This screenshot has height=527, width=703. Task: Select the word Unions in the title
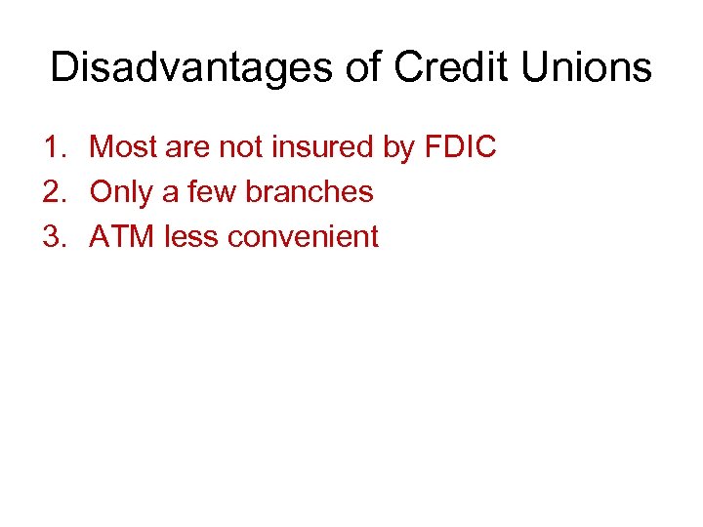click(x=586, y=68)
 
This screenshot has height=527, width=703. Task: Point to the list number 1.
click(x=53, y=148)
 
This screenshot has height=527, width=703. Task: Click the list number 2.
click(x=53, y=192)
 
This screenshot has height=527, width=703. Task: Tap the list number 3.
click(x=53, y=236)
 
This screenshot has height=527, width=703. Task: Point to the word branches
click(x=310, y=192)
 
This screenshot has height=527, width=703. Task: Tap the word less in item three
click(x=191, y=236)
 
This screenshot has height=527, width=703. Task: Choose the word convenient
click(x=303, y=236)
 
